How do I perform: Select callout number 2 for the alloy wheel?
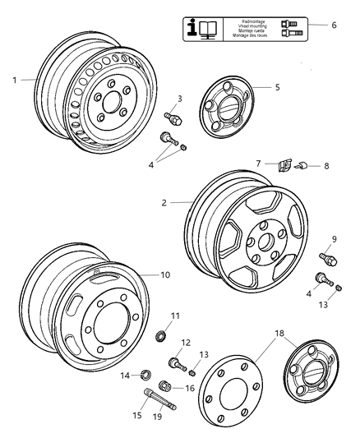tap(164, 202)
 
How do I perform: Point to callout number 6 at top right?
tap(334, 25)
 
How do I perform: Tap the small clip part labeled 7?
tap(284, 166)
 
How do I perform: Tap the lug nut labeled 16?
tap(164, 385)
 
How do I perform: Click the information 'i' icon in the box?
tap(195, 29)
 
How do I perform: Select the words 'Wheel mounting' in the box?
tap(244, 26)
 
